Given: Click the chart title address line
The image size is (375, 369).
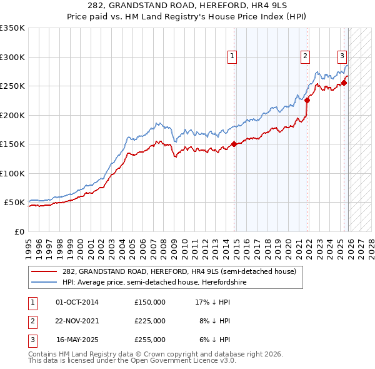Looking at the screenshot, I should pos(187,6).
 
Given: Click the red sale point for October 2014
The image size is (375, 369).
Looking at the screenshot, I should pos(234,144).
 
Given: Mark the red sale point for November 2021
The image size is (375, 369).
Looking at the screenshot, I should pos(307,100).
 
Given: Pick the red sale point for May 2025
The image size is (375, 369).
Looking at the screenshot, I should pos(344,83).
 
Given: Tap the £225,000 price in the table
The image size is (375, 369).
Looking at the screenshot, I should pos(150,321).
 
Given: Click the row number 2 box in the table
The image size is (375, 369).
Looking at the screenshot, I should pos(31,321).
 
